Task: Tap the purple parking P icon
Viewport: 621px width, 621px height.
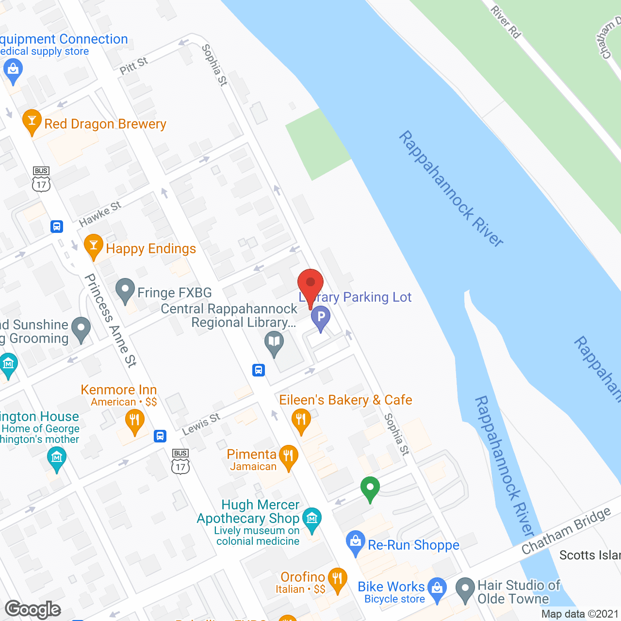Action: pos(320,319)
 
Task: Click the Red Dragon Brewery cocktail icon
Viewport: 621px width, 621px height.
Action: pos(32,121)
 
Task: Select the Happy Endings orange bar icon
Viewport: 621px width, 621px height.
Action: pos(94,245)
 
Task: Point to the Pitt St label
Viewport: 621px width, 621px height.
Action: pos(133,65)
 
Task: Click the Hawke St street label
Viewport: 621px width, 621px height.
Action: pos(100,214)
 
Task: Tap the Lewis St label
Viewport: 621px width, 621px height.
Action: pos(201,424)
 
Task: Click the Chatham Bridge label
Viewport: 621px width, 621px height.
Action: pos(566,531)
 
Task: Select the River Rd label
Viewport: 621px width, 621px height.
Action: pos(506,22)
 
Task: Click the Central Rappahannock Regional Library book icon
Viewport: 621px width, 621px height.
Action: pos(274,343)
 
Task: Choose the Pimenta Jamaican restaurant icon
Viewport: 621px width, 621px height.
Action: pos(289,456)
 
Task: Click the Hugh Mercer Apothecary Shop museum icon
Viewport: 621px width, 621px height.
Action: pos(312,519)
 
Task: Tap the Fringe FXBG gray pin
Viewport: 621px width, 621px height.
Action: pos(125,290)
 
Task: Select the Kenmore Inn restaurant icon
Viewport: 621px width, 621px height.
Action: pos(135,421)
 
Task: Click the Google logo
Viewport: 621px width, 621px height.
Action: pos(33,609)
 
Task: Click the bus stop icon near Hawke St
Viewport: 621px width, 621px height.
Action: pos(57,227)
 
